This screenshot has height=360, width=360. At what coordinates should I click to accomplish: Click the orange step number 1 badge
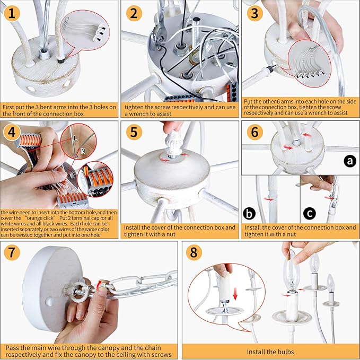coord(12,13)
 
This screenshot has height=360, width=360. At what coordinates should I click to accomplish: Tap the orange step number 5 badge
coord(134,132)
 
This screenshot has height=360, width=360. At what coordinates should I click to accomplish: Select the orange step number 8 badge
coord(194,252)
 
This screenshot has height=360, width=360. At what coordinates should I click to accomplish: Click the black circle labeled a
coord(350,161)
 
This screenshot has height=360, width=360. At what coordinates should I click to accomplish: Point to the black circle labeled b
coord(249,214)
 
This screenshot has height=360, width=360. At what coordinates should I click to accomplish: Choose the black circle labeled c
coord(310,214)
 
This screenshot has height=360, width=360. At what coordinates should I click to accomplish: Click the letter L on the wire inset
coord(75,138)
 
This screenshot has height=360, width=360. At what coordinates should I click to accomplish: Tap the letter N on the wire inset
coord(83,151)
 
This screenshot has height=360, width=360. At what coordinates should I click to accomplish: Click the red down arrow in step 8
coord(235,294)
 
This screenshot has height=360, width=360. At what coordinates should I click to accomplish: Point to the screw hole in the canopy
coord(49,302)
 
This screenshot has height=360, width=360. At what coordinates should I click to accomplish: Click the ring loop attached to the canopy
coord(77,292)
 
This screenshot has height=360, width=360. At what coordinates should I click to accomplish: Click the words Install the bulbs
coord(270,352)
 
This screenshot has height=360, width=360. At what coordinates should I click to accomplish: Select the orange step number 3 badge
coord(255,13)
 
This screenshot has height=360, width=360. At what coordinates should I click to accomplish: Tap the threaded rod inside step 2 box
coord(197,32)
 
